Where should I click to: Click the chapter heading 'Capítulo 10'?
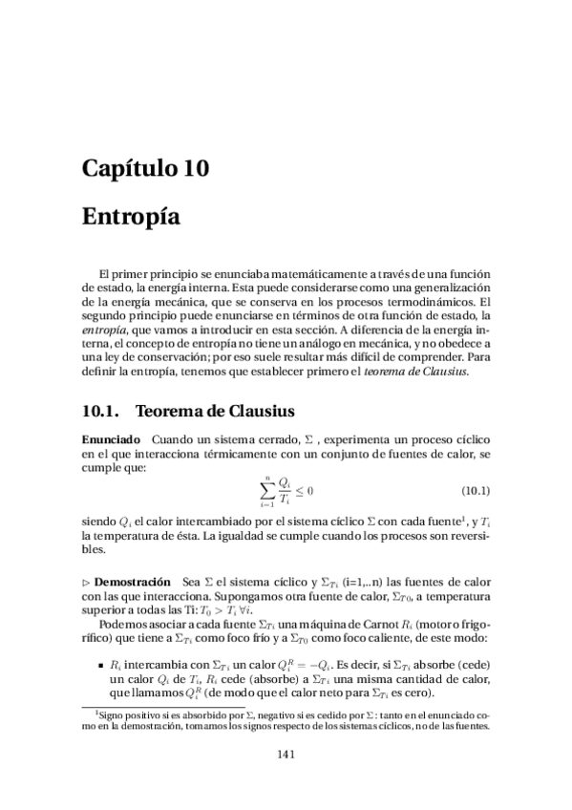[145, 170]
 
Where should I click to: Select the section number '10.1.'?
[99, 413]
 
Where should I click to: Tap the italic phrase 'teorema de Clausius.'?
[425, 371]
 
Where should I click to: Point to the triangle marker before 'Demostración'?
[86, 582]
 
